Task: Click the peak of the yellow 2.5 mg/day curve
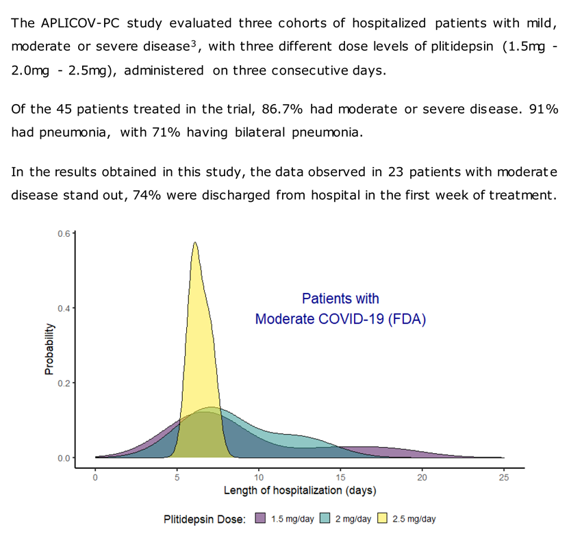click(x=195, y=242)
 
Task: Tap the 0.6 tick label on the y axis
click(x=64, y=233)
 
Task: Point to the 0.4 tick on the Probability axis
click(x=64, y=308)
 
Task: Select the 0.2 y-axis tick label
click(x=64, y=383)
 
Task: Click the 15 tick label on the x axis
click(x=340, y=477)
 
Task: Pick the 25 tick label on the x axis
click(x=503, y=477)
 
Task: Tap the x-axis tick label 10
click(x=258, y=477)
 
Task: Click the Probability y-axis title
click(x=49, y=349)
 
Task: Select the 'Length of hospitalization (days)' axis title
click(x=299, y=491)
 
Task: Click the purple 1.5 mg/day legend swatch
click(x=260, y=518)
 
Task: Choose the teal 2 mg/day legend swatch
click(x=326, y=518)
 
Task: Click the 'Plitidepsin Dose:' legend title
click(x=205, y=519)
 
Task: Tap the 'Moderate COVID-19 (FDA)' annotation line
click(x=340, y=319)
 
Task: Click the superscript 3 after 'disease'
click(x=194, y=42)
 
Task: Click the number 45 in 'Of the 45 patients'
click(x=66, y=110)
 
